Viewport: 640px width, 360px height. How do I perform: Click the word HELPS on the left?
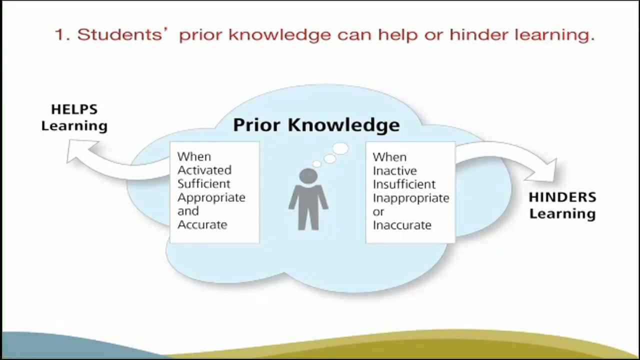point(74,109)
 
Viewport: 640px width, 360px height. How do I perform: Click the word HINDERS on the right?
point(562,197)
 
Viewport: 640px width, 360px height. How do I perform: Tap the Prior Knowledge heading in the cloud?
point(316,125)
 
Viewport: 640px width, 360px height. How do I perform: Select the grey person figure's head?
point(308,176)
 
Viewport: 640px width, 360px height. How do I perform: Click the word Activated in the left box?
point(204,170)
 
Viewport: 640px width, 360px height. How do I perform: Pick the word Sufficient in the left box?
point(203,183)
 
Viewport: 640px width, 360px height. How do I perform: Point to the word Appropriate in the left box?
point(211,197)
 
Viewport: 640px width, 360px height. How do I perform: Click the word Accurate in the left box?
point(202,224)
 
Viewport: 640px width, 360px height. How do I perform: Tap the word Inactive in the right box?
point(394,170)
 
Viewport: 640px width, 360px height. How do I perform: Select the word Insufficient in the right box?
point(403,184)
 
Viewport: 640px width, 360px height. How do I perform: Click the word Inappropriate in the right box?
point(410,198)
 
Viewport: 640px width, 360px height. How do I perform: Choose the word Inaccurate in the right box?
point(401,225)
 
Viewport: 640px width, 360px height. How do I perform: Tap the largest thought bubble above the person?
point(340,148)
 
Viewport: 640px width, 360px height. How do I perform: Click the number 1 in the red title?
point(60,35)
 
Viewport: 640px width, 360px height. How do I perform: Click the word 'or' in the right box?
point(378,211)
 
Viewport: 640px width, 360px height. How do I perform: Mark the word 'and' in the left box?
point(187,211)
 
